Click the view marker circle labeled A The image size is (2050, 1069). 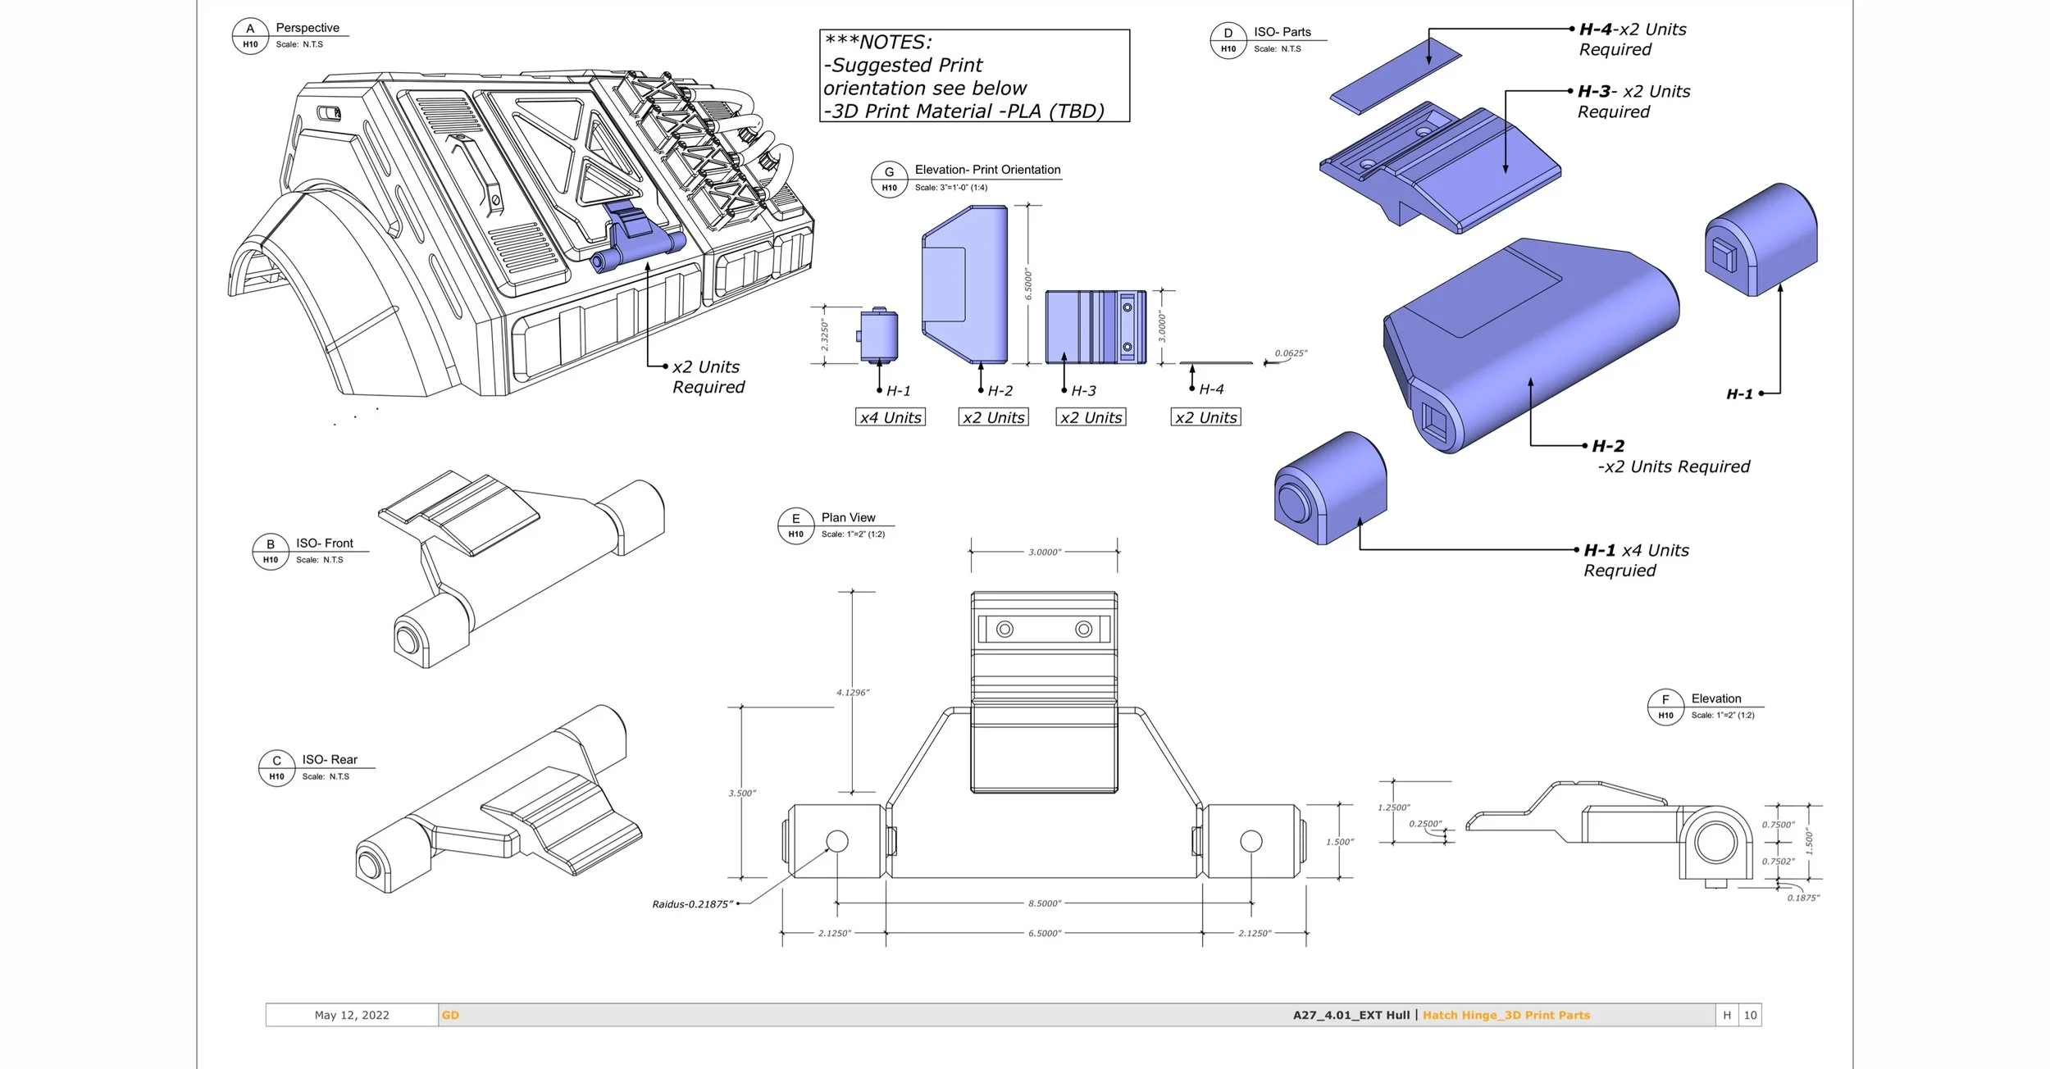[x=250, y=36]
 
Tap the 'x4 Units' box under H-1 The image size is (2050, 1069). [x=891, y=417]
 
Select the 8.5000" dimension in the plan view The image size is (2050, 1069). [x=1044, y=903]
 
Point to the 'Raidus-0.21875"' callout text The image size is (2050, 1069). [x=692, y=904]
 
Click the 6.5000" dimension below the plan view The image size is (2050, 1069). [x=1044, y=933]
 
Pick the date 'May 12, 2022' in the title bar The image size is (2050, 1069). [x=352, y=1015]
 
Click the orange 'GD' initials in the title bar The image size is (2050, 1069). [x=450, y=1015]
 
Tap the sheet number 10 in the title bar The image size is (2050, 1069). [x=1750, y=1015]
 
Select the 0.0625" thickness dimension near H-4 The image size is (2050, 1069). [x=1291, y=353]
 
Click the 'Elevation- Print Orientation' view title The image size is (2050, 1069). [x=987, y=170]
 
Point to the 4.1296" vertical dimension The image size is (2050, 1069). [x=853, y=693]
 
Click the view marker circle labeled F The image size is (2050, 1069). [x=1665, y=707]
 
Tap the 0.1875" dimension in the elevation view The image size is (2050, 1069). [x=1803, y=898]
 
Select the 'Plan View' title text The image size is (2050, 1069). [x=848, y=517]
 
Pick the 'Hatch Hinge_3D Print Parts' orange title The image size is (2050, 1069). [x=1506, y=1015]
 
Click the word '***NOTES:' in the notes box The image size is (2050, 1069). [x=878, y=42]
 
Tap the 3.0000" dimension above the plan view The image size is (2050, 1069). [x=1044, y=552]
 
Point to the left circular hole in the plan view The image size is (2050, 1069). [x=837, y=841]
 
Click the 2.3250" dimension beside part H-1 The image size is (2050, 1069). [x=825, y=336]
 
